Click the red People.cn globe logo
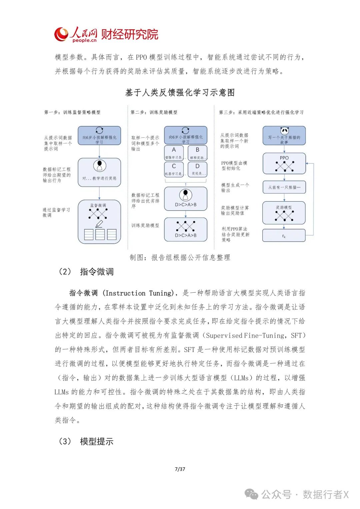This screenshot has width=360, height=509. pyautogui.click(x=61, y=34)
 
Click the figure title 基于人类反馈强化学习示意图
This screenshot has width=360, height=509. pyautogui.click(x=180, y=92)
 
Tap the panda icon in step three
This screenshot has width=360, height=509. pyautogui.click(x=284, y=131)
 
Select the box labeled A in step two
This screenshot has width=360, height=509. pyautogui.click(x=174, y=153)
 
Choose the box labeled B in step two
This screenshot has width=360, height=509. pyautogui.click(x=197, y=153)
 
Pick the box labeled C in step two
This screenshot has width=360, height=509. pyautogui.click(x=174, y=169)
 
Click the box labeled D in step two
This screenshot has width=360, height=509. pyautogui.click(x=197, y=169)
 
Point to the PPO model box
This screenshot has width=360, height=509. pyautogui.click(x=284, y=163)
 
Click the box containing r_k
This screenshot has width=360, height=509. pyautogui.click(x=284, y=235)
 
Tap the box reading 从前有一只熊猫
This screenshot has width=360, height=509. pyautogui.click(x=284, y=187)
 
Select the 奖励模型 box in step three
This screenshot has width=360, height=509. pyautogui.click(x=284, y=213)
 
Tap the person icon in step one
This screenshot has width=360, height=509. pyautogui.click(x=99, y=165)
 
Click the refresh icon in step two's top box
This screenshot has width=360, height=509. pyautogui.click(x=186, y=130)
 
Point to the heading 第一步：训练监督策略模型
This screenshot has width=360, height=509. pyautogui.click(x=72, y=112)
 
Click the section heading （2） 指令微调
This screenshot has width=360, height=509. pyautogui.click(x=86, y=272)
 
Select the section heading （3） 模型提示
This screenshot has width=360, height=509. pyautogui.click(x=86, y=441)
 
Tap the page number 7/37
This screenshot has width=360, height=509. pyautogui.click(x=180, y=469)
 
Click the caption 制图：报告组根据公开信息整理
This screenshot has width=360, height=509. pyautogui.click(x=180, y=257)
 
